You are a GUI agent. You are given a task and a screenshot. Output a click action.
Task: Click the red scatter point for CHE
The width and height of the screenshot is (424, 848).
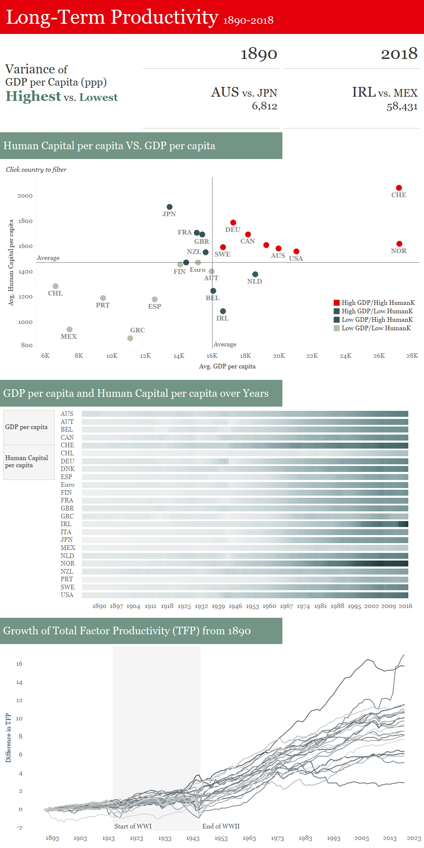399,188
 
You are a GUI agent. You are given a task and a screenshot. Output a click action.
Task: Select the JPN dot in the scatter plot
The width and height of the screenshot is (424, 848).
170,207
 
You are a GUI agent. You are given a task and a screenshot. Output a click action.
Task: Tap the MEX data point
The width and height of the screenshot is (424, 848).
70,329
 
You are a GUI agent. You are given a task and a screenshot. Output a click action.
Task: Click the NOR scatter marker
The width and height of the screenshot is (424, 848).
399,244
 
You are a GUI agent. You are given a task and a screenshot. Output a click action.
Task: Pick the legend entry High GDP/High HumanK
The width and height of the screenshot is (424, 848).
378,303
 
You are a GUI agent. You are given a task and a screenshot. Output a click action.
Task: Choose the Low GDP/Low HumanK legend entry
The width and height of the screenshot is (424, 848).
376,328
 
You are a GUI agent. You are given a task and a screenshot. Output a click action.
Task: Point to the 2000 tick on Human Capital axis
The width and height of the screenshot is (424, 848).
25,196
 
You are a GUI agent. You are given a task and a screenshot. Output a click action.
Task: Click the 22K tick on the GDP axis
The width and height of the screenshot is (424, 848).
312,356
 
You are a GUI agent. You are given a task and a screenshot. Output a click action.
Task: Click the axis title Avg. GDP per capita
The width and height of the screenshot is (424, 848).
227,366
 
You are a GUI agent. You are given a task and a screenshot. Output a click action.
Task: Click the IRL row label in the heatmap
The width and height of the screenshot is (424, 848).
66,524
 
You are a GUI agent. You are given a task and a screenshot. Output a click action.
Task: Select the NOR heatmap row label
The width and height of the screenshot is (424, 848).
67,563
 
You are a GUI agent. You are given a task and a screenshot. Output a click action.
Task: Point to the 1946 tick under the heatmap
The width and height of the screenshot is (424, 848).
235,606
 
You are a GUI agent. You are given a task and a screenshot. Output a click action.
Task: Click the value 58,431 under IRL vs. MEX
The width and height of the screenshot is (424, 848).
402,106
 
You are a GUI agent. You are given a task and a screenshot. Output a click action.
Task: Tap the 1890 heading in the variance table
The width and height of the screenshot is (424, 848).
259,54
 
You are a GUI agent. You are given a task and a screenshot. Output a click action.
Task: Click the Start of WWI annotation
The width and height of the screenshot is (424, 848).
133,826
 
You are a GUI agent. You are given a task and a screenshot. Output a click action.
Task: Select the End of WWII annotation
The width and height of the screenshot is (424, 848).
221,826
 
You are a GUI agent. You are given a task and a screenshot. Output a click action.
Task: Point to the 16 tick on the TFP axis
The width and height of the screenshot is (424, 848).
19,664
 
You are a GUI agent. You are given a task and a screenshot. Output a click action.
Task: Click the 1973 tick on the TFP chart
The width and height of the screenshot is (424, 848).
277,838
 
